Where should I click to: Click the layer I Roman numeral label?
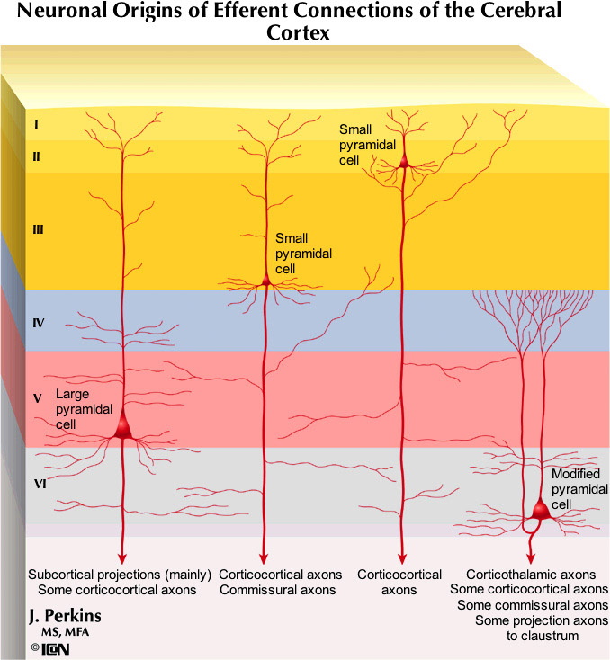(36, 124)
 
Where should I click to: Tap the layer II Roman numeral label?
(36, 156)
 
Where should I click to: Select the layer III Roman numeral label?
(38, 230)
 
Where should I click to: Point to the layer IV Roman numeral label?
(39, 321)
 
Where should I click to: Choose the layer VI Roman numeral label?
(40, 483)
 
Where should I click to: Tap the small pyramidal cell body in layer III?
(265, 281)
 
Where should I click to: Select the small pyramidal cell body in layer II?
(404, 162)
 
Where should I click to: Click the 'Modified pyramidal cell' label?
(573, 489)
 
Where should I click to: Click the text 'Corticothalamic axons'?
(531, 575)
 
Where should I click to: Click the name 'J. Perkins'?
(65, 616)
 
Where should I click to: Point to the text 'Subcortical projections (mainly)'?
(120, 575)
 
